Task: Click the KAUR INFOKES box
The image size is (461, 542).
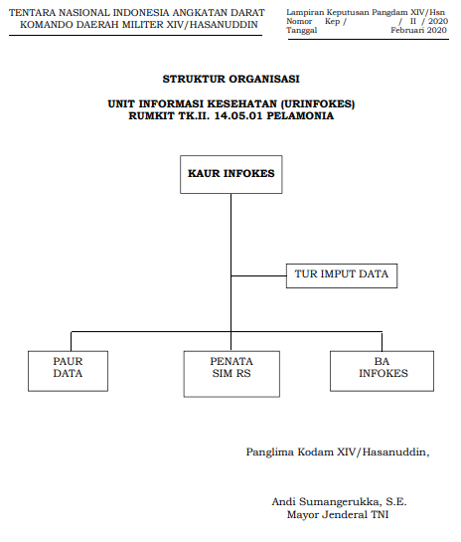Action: pos(231,174)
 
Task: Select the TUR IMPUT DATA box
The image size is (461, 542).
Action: pos(342,275)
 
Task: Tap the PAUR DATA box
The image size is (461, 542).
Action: pos(68,371)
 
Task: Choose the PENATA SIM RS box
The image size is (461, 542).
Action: pos(231,374)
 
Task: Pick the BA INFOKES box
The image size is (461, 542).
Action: pos(382,371)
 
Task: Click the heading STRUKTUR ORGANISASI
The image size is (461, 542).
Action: pos(231,79)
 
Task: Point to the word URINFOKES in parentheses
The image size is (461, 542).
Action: pos(318,103)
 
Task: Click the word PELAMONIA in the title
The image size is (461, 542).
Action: pos(300,115)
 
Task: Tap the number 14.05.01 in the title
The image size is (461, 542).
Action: pos(238,115)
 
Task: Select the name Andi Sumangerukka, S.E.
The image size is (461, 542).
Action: pos(339,501)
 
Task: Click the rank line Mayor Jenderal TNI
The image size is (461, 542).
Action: pos(338,514)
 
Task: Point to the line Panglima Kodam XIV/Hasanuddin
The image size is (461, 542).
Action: pos(338,452)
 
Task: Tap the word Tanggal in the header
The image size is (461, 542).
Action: pos(301,31)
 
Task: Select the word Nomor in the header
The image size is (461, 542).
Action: pos(299,22)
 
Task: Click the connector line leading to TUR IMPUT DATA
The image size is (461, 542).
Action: pos(258,275)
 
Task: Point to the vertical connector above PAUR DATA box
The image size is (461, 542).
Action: pos(72,341)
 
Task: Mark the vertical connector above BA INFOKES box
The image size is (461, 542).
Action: pos(382,341)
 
